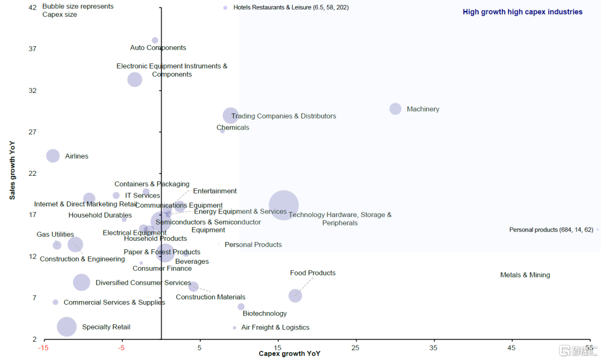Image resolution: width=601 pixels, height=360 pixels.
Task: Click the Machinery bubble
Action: [395, 109]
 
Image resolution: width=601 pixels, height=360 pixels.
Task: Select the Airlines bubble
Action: [53, 156]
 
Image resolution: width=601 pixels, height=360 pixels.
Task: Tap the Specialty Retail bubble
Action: [67, 327]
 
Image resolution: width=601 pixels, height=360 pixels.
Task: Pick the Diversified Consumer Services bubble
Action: [81, 282]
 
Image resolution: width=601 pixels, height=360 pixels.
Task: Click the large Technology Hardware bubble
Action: [284, 205]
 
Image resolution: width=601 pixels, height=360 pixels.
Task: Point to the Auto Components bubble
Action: [155, 41]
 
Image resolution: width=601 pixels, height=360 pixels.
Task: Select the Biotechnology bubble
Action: [241, 307]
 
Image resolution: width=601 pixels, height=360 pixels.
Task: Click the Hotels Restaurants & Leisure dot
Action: [225, 8]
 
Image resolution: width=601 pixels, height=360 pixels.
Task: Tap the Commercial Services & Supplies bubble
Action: [56, 302]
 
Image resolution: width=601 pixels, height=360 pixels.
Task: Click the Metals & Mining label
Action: [525, 275]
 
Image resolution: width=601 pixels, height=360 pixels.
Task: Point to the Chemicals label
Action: [233, 127]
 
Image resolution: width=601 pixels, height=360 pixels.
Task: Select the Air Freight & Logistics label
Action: [275, 328]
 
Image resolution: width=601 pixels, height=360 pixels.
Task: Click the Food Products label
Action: [313, 273]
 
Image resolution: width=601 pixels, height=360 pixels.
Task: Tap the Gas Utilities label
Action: [55, 235]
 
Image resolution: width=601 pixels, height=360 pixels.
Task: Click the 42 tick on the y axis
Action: [32, 7]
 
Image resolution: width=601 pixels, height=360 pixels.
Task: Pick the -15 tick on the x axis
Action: [42, 348]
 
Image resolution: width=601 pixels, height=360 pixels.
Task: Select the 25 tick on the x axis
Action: [355, 348]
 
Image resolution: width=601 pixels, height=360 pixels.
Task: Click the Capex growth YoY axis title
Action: [289, 354]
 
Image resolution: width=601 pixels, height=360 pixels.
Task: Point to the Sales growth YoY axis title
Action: [12, 170]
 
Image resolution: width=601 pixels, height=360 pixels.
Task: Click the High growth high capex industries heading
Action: [523, 12]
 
